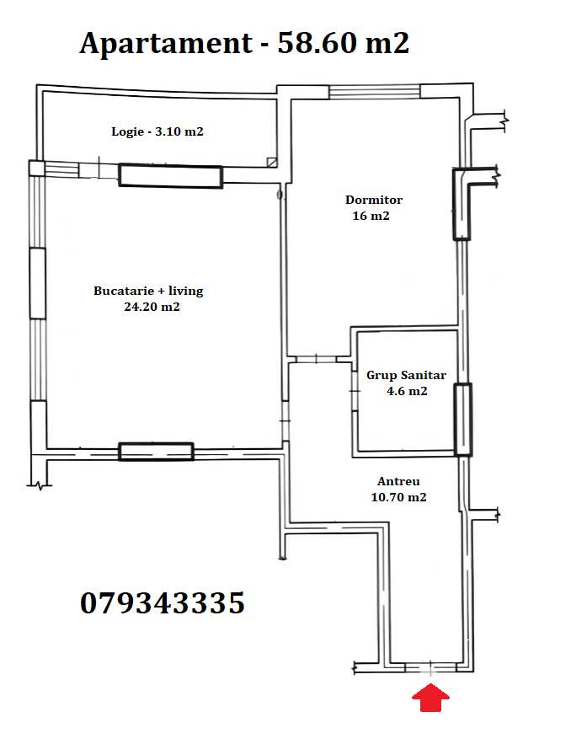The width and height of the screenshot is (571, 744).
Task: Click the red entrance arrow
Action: pyautogui.click(x=430, y=698)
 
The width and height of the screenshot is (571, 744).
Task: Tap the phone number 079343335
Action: pyautogui.click(x=163, y=603)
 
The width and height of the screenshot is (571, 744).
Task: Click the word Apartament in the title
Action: pyautogui.click(x=166, y=44)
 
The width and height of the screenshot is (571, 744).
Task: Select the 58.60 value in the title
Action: pyautogui.click(x=317, y=43)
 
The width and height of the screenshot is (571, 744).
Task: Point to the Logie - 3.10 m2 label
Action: pyautogui.click(x=157, y=131)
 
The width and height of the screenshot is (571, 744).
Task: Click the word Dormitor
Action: pyautogui.click(x=374, y=200)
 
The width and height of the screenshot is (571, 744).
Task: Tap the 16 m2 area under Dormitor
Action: pyautogui.click(x=371, y=216)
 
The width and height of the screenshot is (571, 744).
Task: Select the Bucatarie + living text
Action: pyautogui.click(x=148, y=291)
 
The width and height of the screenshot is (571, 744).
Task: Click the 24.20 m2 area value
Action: pyautogui.click(x=152, y=307)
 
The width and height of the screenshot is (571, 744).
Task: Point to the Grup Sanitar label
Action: pyautogui.click(x=407, y=375)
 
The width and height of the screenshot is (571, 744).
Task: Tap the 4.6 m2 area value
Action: pyautogui.click(x=407, y=391)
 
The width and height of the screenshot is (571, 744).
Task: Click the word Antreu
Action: pyautogui.click(x=398, y=481)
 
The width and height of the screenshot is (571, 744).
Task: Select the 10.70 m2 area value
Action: pyautogui.click(x=399, y=497)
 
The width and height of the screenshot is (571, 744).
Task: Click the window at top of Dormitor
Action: pyautogui.click(x=375, y=92)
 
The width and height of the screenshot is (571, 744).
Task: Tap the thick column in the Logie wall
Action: pyautogui.click(x=170, y=176)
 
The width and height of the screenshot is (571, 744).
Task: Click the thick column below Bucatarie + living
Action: pyautogui.click(x=156, y=452)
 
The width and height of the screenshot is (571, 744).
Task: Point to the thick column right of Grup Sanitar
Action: pyautogui.click(x=463, y=420)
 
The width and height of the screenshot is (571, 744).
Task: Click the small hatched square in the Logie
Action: pyautogui.click(x=272, y=163)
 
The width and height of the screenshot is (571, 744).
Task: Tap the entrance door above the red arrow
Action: pyautogui.click(x=430, y=667)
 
